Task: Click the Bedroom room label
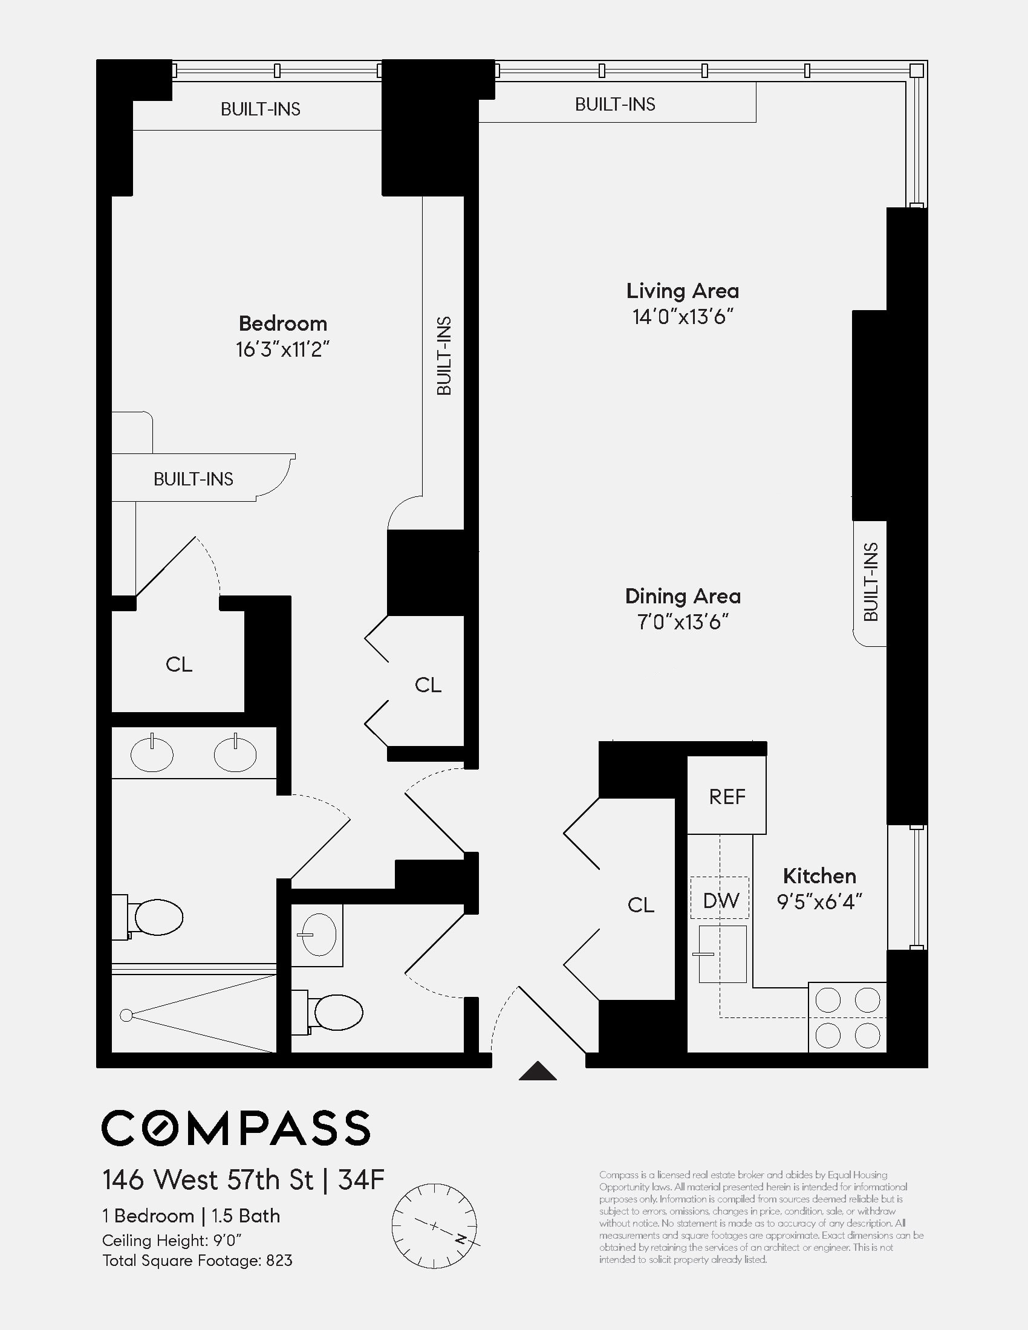(x=282, y=323)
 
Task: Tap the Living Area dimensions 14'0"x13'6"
(x=682, y=317)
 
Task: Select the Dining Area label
(x=683, y=596)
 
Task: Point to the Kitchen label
(x=819, y=877)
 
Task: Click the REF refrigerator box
(x=726, y=797)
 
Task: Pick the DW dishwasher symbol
(x=720, y=901)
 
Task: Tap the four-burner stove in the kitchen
(x=847, y=1017)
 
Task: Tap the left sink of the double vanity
(x=152, y=754)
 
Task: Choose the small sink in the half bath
(x=318, y=935)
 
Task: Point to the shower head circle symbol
(x=126, y=1015)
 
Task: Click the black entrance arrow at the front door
(x=537, y=1072)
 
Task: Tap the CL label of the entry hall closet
(x=640, y=906)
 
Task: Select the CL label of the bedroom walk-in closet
(x=178, y=664)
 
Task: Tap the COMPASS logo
(x=236, y=1129)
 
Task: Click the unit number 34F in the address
(x=361, y=1180)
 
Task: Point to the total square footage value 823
(x=279, y=1260)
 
